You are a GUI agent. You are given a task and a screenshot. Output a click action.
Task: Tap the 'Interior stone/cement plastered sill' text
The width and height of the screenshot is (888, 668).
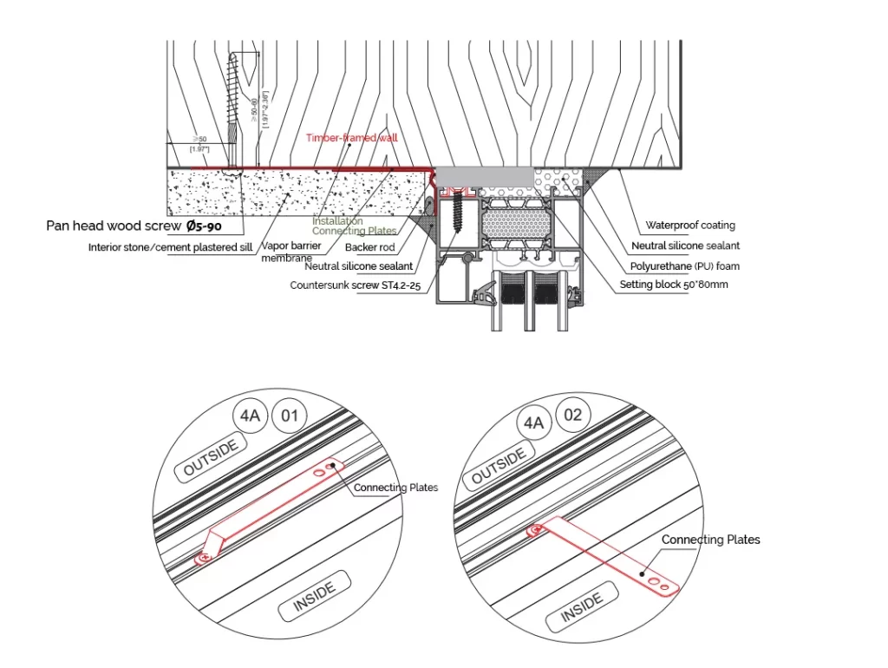coord(170,247)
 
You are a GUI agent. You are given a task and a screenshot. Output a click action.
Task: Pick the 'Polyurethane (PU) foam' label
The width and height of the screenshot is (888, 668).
coord(685,265)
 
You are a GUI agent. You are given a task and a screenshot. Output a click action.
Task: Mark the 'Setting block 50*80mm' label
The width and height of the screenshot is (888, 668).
coord(673,285)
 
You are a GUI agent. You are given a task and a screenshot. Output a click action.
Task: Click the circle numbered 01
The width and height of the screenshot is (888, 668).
coord(290,416)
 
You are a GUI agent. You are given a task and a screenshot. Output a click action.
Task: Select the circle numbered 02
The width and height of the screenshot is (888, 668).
coord(573,416)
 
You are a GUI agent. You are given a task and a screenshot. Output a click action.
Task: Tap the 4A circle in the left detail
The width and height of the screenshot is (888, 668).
coord(250,416)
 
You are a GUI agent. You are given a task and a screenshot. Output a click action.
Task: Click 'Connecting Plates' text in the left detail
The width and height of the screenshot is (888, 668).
coord(395,488)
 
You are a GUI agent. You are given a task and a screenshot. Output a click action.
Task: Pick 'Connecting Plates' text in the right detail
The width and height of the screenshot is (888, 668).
coord(710,540)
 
